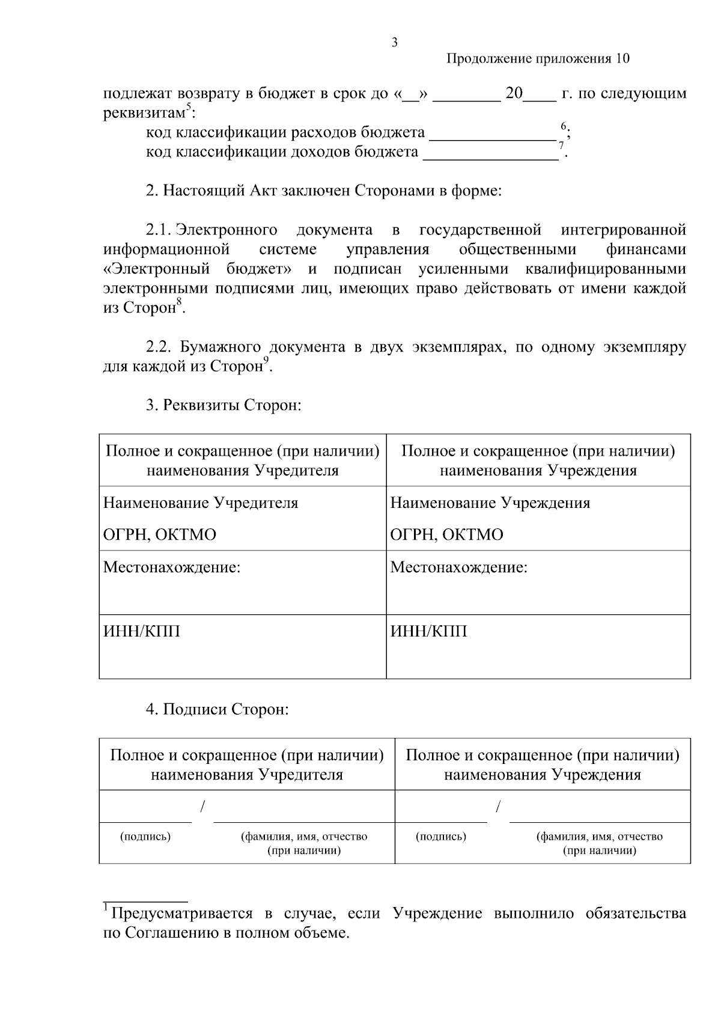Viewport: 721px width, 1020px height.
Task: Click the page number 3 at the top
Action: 394,43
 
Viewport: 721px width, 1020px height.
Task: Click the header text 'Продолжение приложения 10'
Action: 538,59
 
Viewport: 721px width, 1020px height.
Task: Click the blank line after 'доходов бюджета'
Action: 491,158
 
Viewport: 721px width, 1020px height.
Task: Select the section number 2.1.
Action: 159,230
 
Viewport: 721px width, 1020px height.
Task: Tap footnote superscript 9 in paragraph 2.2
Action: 266,359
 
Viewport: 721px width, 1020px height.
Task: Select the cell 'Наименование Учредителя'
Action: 201,502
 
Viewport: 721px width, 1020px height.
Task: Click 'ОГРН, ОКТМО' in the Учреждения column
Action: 446,534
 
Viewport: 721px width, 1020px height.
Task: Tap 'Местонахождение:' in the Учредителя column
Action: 172,567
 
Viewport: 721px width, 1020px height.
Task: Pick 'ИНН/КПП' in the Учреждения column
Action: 428,631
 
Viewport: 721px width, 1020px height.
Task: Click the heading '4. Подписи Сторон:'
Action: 218,709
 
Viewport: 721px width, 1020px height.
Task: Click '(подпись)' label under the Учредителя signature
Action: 145,836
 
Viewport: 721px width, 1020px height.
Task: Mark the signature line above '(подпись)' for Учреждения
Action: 442,821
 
